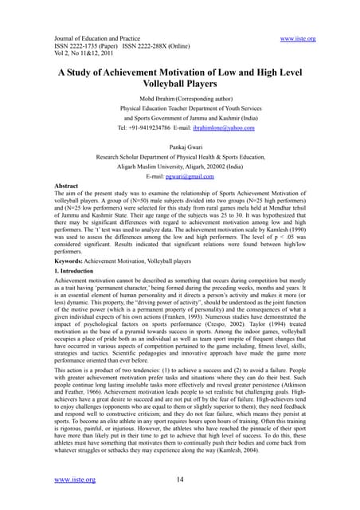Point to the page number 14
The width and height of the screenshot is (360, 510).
(181, 480)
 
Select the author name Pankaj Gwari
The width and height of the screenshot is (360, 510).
(179, 147)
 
